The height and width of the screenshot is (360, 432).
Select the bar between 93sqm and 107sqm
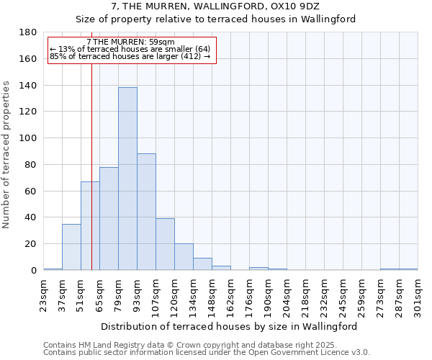coord(146,212)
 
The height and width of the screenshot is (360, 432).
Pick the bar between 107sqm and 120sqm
coord(165,244)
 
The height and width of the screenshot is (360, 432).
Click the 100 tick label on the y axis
coord(28,138)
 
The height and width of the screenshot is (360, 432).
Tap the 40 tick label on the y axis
coord(31,217)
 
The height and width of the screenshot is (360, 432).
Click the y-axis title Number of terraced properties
coord(7,154)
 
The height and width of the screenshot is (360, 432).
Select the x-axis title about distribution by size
coord(229,326)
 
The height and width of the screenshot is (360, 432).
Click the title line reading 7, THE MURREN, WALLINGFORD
coord(215,6)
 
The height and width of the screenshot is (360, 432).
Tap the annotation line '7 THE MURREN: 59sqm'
coord(130,42)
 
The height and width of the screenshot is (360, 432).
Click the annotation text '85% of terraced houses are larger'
coord(130,56)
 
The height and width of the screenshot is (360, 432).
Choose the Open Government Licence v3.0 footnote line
coord(206,353)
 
